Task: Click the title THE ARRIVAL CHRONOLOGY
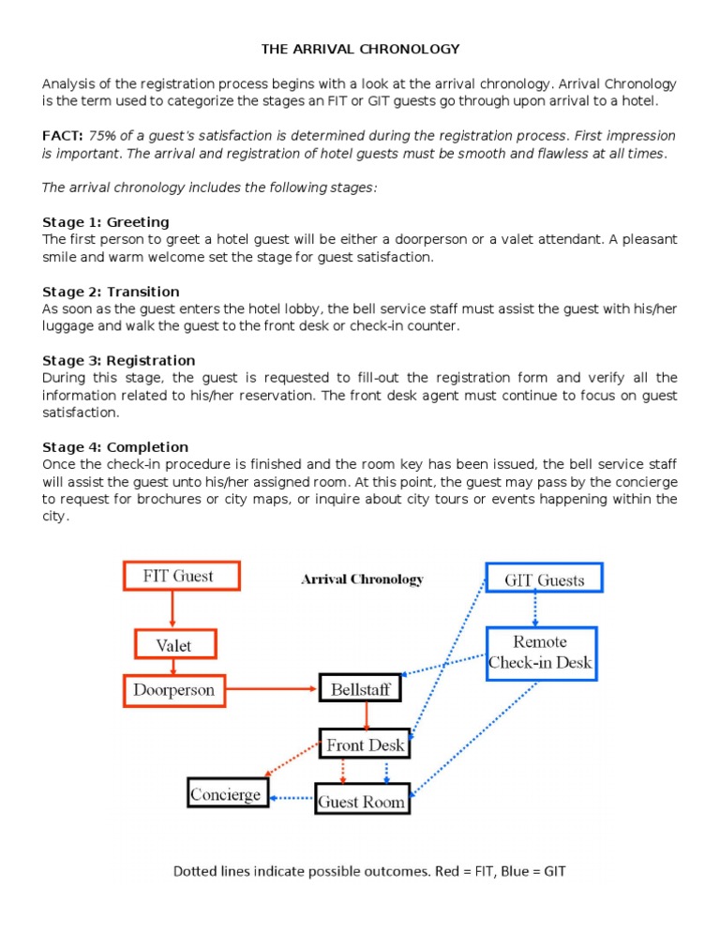(359, 49)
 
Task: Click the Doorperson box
(175, 690)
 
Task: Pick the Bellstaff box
(361, 690)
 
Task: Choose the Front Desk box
(365, 745)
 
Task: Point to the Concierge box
(228, 795)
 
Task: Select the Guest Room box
(362, 802)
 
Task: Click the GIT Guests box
(545, 579)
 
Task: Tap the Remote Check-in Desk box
(540, 654)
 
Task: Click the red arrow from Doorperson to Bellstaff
(272, 690)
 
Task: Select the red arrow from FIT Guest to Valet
(172, 610)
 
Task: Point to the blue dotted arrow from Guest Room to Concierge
(292, 799)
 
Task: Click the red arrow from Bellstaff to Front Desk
(367, 716)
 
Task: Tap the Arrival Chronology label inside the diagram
(362, 579)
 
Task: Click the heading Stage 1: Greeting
(106, 222)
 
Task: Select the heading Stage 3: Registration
(119, 360)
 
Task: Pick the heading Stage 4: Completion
(115, 447)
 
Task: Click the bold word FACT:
(63, 136)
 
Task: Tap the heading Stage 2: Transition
(111, 292)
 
